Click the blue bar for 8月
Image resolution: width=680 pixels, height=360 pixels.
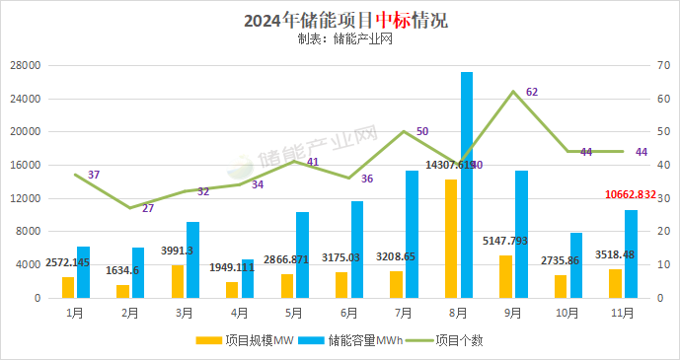coord(467,184)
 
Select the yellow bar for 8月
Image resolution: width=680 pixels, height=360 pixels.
coord(451,238)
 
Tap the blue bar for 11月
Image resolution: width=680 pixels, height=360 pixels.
coord(631,253)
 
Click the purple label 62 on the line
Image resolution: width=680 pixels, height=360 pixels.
coord(532,92)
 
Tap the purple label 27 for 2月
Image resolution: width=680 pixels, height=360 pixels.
coord(148,208)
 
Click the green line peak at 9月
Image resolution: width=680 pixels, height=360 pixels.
coord(513,92)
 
